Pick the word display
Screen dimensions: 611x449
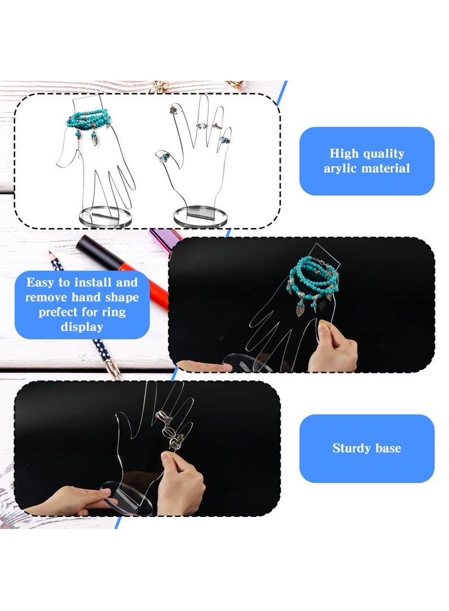[82, 326]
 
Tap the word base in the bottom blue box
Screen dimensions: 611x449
[389, 448]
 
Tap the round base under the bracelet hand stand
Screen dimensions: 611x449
[104, 216]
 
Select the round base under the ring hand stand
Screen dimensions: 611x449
[200, 216]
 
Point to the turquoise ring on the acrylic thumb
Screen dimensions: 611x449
[165, 155]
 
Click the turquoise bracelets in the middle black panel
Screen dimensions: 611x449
[311, 283]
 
